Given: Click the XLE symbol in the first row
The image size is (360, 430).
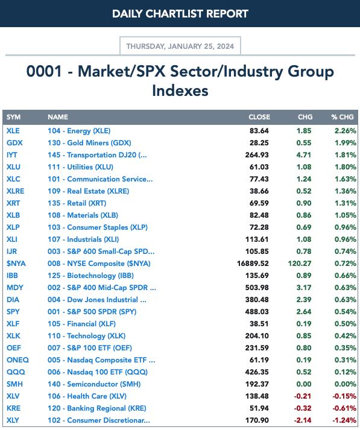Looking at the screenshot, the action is tap(13, 131).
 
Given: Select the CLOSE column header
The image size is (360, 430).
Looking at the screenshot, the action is tap(259, 117).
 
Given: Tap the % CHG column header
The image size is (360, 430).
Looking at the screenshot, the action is tap(342, 117).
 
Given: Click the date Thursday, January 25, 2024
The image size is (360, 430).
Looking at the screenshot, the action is tap(180, 46).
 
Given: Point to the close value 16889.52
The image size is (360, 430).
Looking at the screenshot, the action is tap(253, 264).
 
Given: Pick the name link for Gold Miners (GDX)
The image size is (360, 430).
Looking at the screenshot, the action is tap(89, 143).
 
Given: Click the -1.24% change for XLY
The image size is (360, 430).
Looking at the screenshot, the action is tap(344, 420).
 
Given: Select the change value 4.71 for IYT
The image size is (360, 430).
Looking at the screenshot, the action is tap(304, 155).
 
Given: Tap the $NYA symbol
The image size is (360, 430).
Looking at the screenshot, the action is tap(16, 264).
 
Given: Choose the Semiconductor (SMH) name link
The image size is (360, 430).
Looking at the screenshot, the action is tap(94, 384).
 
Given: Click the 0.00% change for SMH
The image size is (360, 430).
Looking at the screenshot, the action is tap(345, 384).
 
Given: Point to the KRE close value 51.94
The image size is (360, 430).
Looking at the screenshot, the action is tap(259, 408).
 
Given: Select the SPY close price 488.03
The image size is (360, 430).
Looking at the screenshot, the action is tap(257, 312).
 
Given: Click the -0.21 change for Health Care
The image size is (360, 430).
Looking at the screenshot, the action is tap(303, 396).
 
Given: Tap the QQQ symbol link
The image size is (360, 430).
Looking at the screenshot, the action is tap(16, 372).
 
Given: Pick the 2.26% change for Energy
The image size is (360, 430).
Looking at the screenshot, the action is tap(345, 131).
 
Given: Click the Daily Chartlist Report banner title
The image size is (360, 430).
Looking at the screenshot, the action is tap(180, 14).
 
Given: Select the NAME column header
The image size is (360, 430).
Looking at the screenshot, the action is tap(58, 117).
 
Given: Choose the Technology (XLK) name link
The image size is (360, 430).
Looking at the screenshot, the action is tap(87, 336).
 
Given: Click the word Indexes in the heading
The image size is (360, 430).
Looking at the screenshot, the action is tap(180, 91).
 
